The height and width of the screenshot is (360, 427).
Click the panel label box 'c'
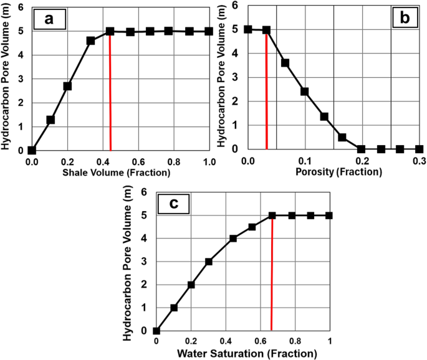175,204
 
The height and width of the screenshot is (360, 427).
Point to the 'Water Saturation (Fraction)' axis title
247,354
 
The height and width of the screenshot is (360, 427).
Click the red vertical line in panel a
110,93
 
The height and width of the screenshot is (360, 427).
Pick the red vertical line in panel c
272,274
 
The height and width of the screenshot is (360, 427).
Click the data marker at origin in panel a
32,150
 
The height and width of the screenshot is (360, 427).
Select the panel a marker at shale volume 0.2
67,86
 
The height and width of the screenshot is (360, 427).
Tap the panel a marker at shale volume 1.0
209,31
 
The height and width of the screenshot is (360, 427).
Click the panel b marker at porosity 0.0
248,29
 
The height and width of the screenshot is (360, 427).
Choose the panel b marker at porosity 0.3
419,149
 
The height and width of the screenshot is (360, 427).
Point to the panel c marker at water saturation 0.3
209,262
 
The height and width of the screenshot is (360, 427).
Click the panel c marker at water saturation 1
329,216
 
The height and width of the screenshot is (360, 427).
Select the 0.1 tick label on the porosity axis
305,161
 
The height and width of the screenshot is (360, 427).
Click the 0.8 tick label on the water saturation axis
295,343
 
